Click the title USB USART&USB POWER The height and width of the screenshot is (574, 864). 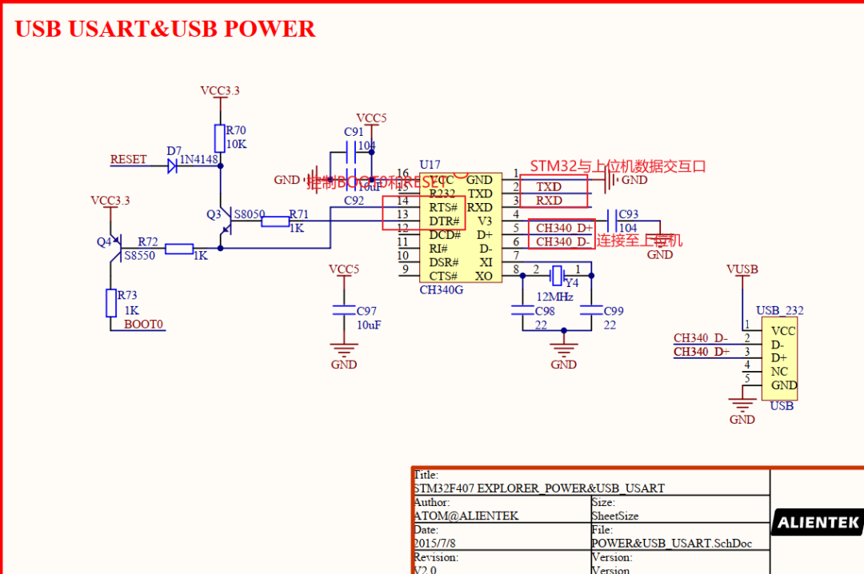(x=165, y=29)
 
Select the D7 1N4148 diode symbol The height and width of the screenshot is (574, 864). (x=172, y=166)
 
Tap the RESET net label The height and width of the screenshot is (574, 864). (x=128, y=159)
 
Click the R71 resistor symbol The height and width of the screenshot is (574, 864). (x=275, y=221)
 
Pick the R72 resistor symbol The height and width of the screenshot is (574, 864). (x=178, y=249)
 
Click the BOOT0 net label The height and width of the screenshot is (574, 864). (x=143, y=325)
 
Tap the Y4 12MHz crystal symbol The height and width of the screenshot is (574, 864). (x=558, y=275)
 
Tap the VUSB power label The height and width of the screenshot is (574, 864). (x=742, y=269)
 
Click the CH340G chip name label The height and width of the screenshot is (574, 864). (x=442, y=289)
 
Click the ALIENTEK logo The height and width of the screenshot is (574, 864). (x=818, y=524)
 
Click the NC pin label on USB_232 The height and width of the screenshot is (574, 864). (x=779, y=372)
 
